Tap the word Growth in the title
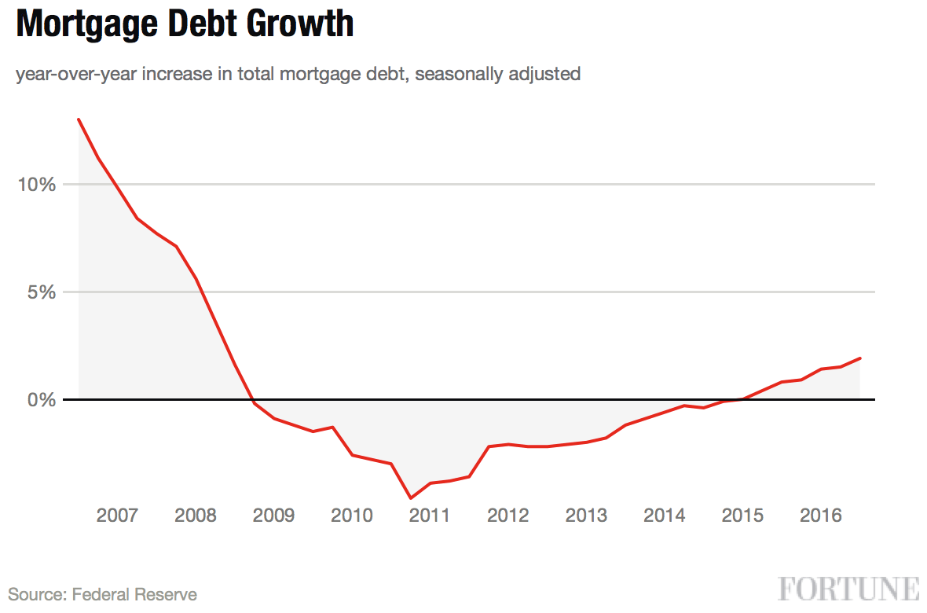coord(299,24)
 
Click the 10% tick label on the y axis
coord(37,185)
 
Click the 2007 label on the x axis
coord(117,516)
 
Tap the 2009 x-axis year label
coord(273,516)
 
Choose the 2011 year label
coord(430,516)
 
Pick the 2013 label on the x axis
coord(586,516)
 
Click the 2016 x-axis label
coord(821,516)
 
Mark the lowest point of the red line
coord(411,497)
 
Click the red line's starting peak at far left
coord(79,119)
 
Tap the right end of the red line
coord(860,358)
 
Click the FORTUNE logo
coord(849,589)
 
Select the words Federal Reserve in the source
coord(134,594)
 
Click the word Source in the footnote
coord(36,594)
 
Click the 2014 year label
coord(665,516)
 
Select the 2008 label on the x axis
coord(196,516)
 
